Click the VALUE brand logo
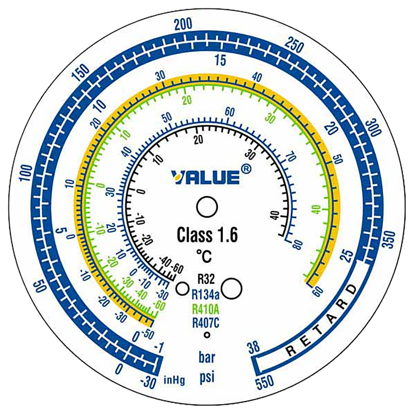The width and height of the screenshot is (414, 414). pos(206,177)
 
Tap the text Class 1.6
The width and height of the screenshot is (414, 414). pos(207,235)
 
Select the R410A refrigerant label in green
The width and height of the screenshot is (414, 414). pos(206,309)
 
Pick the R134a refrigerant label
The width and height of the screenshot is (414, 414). pos(206,295)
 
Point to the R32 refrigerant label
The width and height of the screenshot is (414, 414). pos(206,279)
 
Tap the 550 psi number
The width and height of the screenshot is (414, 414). pos(265,383)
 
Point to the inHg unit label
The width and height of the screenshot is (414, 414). pos(174,380)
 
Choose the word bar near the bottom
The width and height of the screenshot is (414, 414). pos(207,358)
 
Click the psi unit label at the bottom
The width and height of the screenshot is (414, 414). pos(207,377)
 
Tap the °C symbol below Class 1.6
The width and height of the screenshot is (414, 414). pos(204,256)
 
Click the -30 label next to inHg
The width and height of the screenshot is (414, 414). pos(148,383)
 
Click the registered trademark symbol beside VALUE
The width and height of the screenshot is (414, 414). pos(246,169)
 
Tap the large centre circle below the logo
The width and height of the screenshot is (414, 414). pos(207,207)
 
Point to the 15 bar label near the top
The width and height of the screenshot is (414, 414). pos(220,60)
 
